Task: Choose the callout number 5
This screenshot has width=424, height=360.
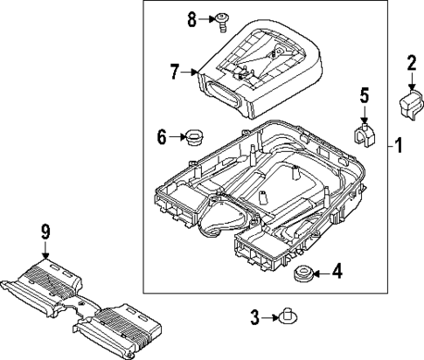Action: [x=365, y=96]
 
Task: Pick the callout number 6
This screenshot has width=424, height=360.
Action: [x=162, y=136]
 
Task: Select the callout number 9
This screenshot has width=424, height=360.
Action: [x=45, y=231]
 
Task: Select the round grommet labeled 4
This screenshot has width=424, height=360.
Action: [x=303, y=274]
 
